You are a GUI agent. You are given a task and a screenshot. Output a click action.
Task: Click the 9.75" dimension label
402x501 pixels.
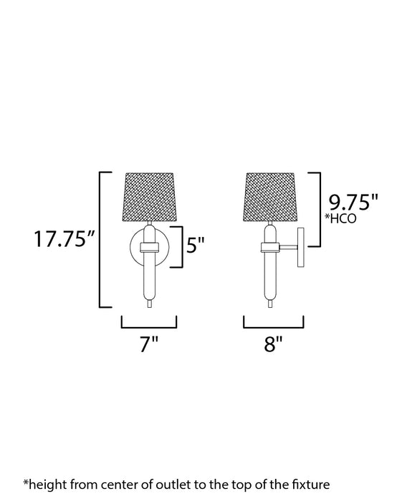click(x=352, y=203)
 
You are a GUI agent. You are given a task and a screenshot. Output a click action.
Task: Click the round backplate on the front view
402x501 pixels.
click(x=133, y=247)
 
